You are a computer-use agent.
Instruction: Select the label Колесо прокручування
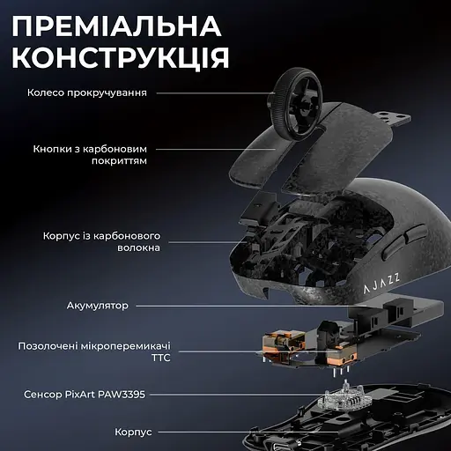click(x=86, y=92)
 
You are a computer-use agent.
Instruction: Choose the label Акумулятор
click(x=97, y=306)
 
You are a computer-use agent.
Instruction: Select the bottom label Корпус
click(x=134, y=433)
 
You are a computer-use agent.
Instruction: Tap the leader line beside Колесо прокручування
click(x=212, y=92)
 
